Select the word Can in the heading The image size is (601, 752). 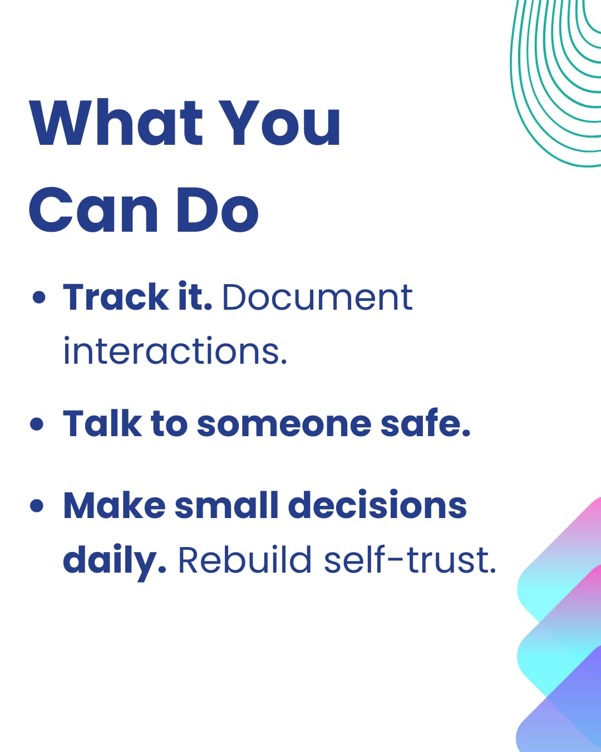[93, 209]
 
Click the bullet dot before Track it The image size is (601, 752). [39, 297]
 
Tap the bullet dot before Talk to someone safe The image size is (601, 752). [37, 424]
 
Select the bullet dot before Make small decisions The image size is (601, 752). [37, 506]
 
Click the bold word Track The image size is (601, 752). [116, 297]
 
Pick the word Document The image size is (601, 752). [317, 297]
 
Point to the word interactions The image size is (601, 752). [175, 351]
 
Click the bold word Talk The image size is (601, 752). [102, 423]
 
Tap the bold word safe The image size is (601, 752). [425, 423]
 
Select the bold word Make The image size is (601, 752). [114, 505]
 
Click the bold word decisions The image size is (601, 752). [377, 505]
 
